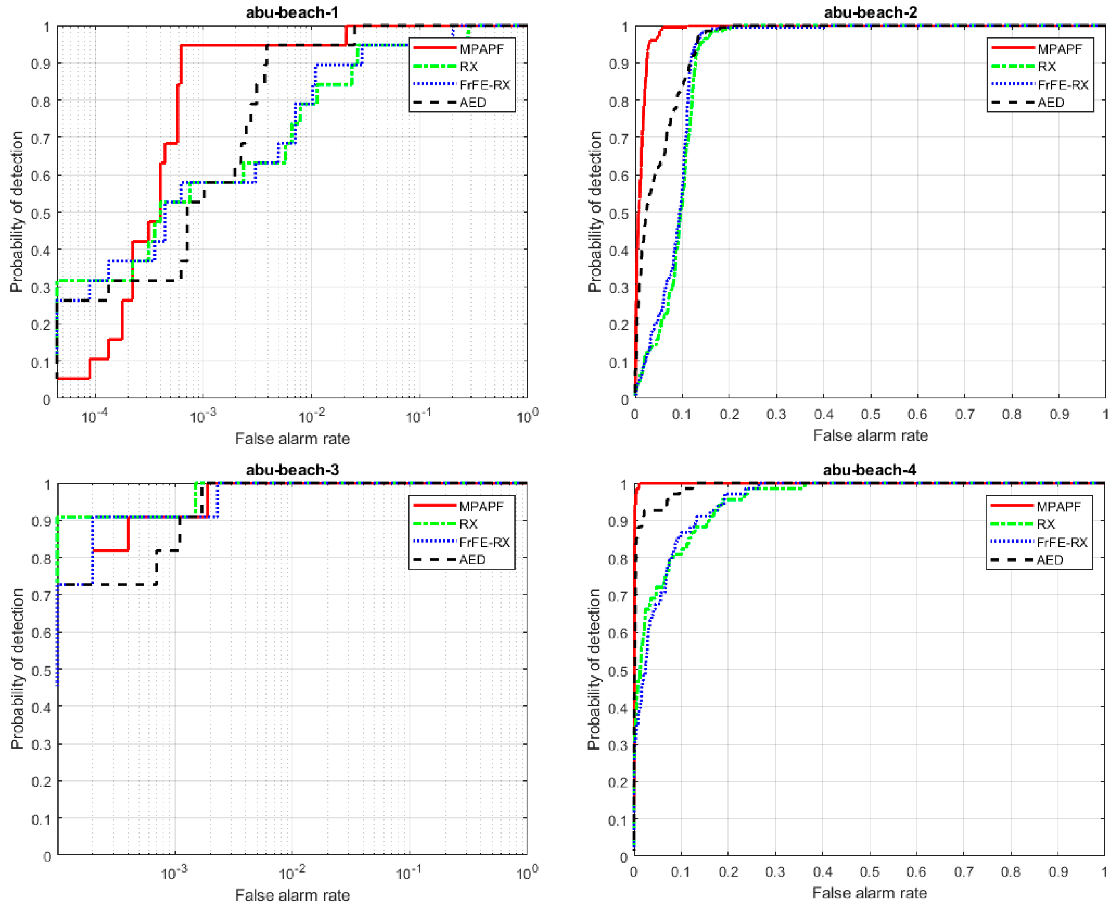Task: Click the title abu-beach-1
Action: pyautogui.click(x=292, y=12)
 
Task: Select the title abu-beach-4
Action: pyautogui.click(x=869, y=470)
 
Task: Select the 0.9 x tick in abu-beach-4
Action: pyautogui.click(x=1058, y=871)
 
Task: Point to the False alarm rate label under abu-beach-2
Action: pyautogui.click(x=870, y=435)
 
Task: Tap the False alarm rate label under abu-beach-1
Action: pyautogui.click(x=292, y=438)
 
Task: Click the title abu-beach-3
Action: pyautogui.click(x=292, y=470)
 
